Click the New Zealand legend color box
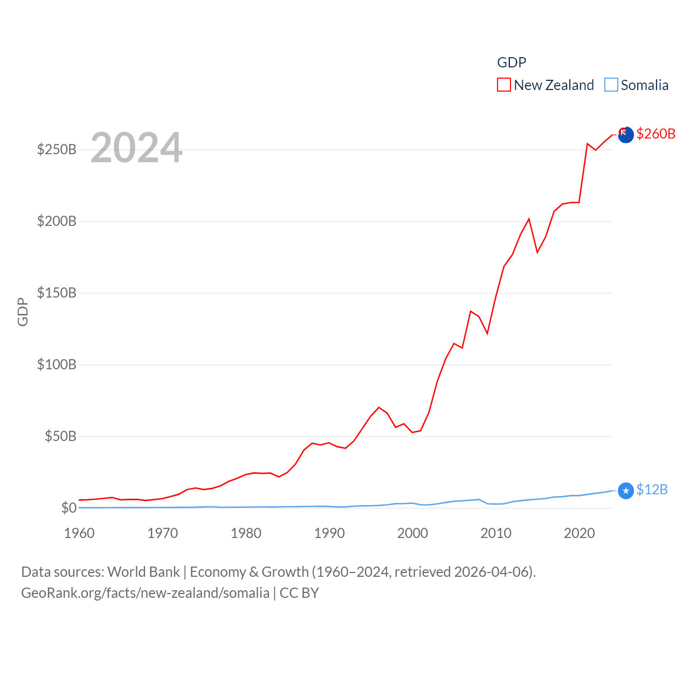pyautogui.click(x=503, y=85)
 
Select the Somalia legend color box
pyautogui.click(x=611, y=85)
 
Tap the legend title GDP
pyautogui.click(x=511, y=63)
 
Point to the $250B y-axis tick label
pyautogui.click(x=57, y=149)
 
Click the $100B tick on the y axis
pyautogui.click(x=57, y=364)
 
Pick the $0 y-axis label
pyautogui.click(x=68, y=508)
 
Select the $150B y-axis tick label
pyautogui.click(x=57, y=293)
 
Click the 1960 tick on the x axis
pyautogui.click(x=79, y=534)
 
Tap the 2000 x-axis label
pyautogui.click(x=412, y=534)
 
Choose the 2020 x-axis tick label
pyautogui.click(x=579, y=534)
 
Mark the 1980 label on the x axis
pyautogui.click(x=246, y=534)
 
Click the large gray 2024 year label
pyautogui.click(x=136, y=148)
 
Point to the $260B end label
pyautogui.click(x=655, y=134)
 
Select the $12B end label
pyautogui.click(x=652, y=489)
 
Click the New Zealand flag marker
pyautogui.click(x=625, y=135)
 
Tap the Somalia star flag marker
pyautogui.click(x=625, y=491)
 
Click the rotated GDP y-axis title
pyautogui.click(x=23, y=312)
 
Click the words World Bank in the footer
pyautogui.click(x=143, y=572)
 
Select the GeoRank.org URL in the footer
pyautogui.click(x=145, y=593)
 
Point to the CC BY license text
pyautogui.click(x=299, y=593)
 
